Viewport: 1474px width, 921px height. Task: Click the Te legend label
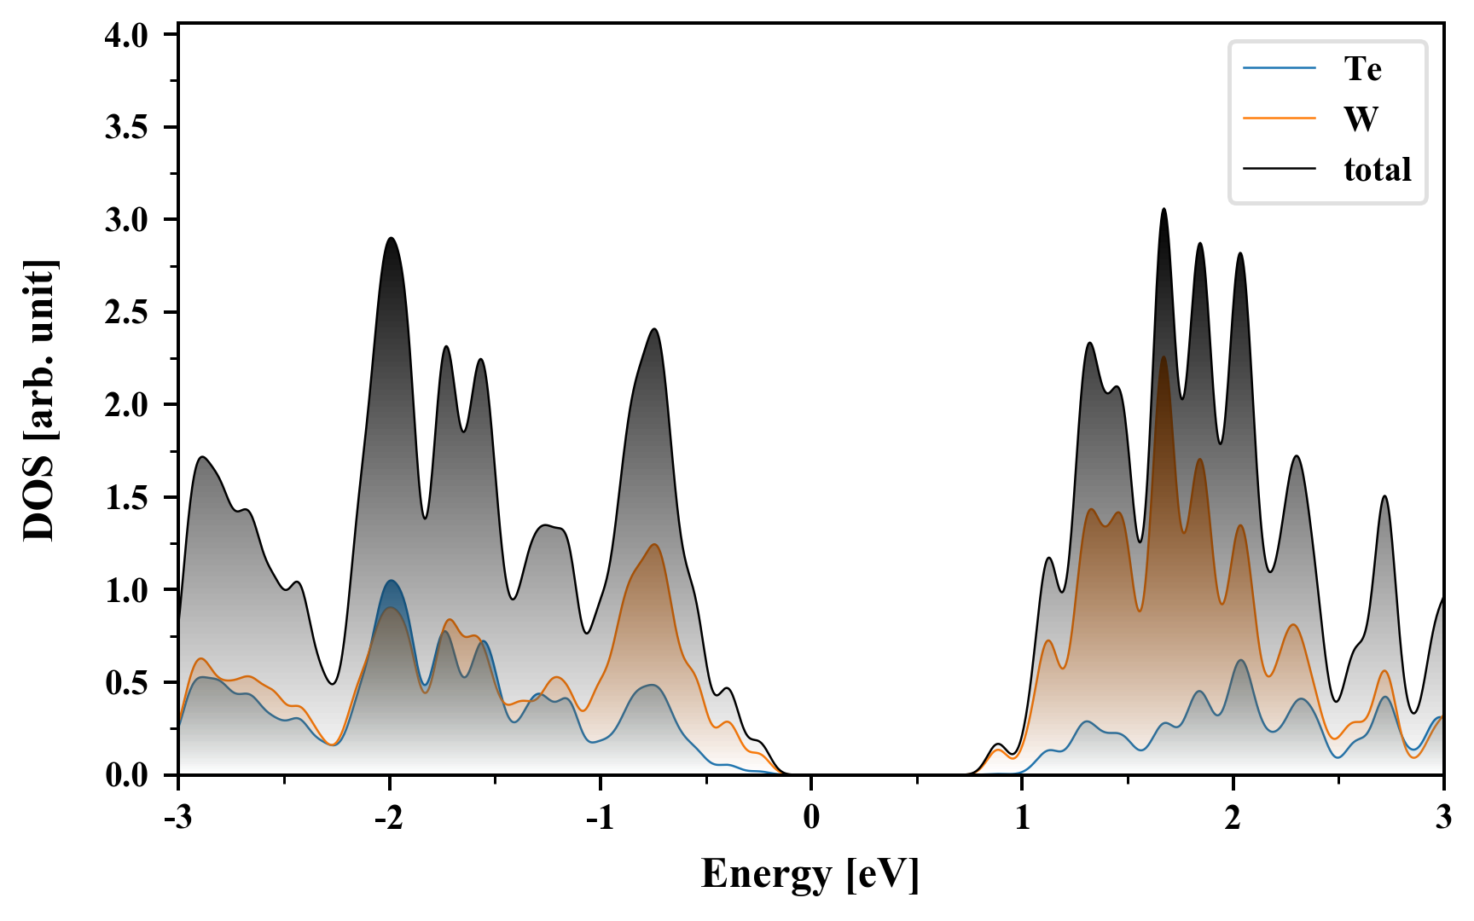click(x=1362, y=68)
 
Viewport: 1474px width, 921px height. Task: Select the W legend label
click(x=1361, y=119)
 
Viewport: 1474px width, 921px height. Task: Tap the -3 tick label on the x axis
click(x=177, y=817)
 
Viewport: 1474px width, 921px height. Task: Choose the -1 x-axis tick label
click(x=600, y=817)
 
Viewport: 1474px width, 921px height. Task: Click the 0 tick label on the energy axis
click(x=811, y=817)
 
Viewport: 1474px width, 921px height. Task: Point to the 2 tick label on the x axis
click(x=1233, y=817)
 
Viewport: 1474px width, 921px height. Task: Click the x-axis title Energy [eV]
click(x=810, y=874)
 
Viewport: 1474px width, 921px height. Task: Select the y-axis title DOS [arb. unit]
click(x=39, y=401)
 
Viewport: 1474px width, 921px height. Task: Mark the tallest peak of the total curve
click(x=1164, y=209)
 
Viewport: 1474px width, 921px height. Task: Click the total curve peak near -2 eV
click(x=391, y=238)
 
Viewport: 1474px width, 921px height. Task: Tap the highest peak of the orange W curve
click(x=1164, y=357)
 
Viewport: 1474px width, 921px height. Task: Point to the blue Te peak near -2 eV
click(x=392, y=581)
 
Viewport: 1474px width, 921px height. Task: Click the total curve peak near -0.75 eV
click(x=654, y=329)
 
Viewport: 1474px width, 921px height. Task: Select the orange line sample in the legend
click(x=1279, y=119)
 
